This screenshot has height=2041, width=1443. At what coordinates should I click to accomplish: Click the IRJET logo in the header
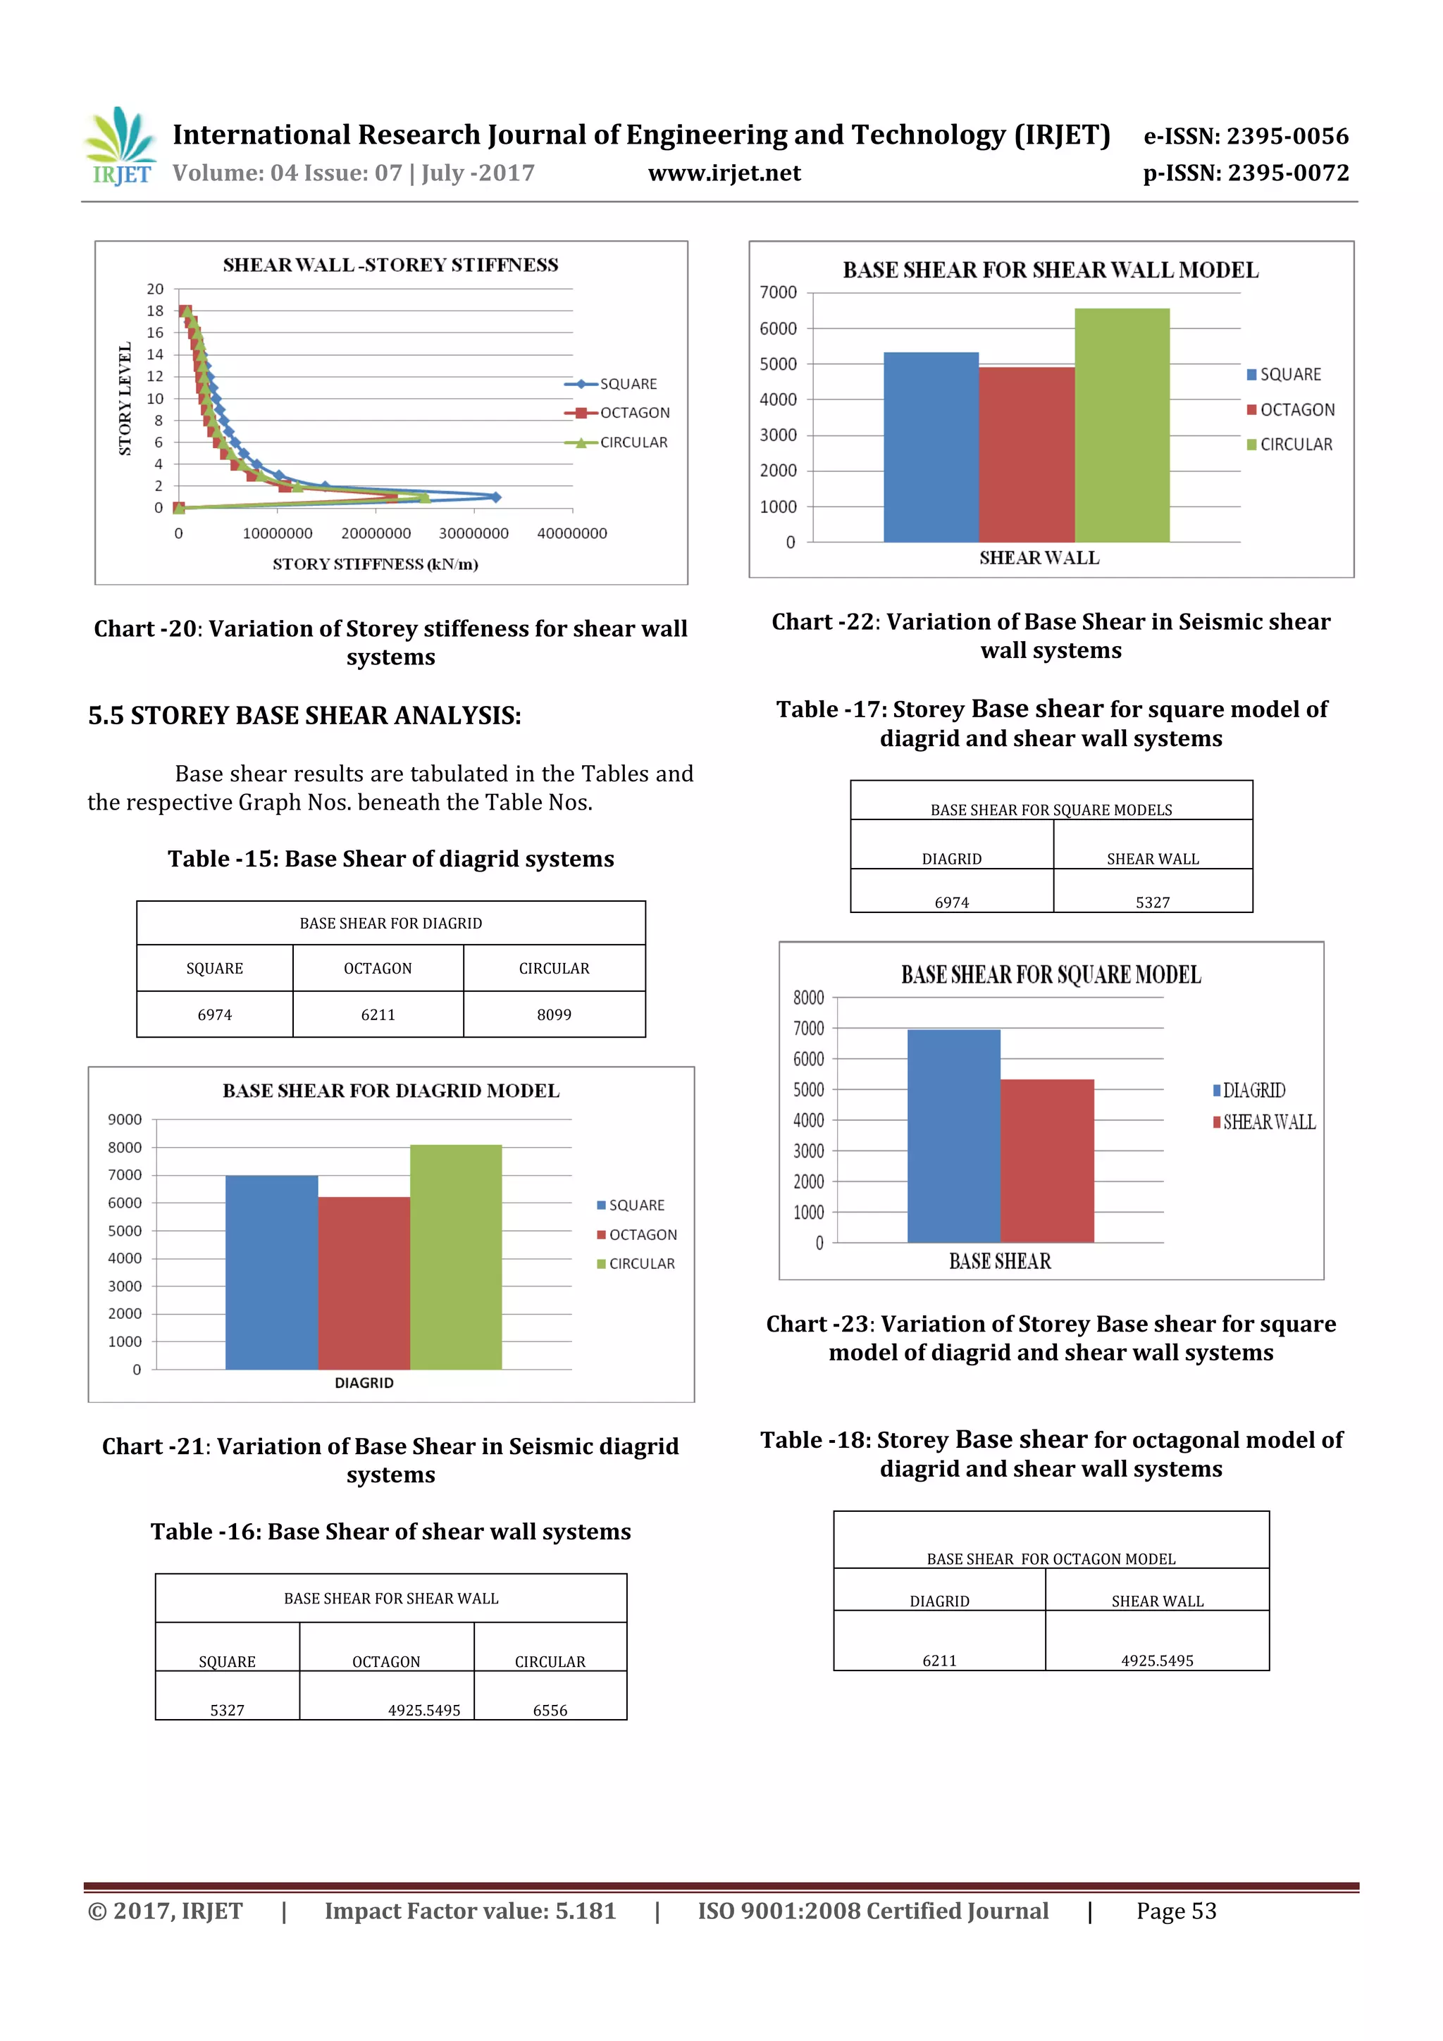pyautogui.click(x=120, y=147)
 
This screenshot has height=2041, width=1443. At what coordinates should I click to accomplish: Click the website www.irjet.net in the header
pyautogui.click(x=724, y=173)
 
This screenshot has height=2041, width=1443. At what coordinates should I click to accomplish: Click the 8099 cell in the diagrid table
pyautogui.click(x=554, y=1015)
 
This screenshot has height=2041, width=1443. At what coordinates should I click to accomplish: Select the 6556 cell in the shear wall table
pyautogui.click(x=550, y=1709)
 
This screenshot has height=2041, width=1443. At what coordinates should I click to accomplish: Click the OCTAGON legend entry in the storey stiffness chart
pyautogui.click(x=634, y=412)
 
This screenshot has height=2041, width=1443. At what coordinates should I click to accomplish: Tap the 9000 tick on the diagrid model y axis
pyautogui.click(x=125, y=1119)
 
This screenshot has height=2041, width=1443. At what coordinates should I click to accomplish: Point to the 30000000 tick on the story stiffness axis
pyautogui.click(x=474, y=533)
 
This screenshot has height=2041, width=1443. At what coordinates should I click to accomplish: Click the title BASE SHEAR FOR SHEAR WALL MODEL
pyautogui.click(x=1050, y=271)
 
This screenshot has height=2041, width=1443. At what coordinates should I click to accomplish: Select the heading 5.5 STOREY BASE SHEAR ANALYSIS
pyautogui.click(x=304, y=716)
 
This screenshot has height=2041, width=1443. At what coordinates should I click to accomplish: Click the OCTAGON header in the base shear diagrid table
pyautogui.click(x=378, y=968)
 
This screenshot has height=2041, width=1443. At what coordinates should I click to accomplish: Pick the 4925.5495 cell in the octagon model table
pyautogui.click(x=1157, y=1660)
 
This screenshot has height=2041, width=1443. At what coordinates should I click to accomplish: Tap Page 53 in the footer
pyautogui.click(x=1175, y=1911)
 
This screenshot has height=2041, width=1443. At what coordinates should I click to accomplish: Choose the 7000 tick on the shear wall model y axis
pyautogui.click(x=778, y=292)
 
